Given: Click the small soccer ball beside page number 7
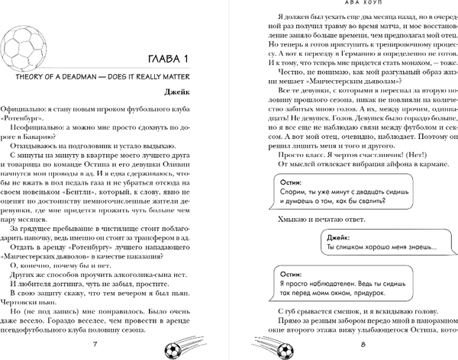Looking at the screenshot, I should pos(179,346).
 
